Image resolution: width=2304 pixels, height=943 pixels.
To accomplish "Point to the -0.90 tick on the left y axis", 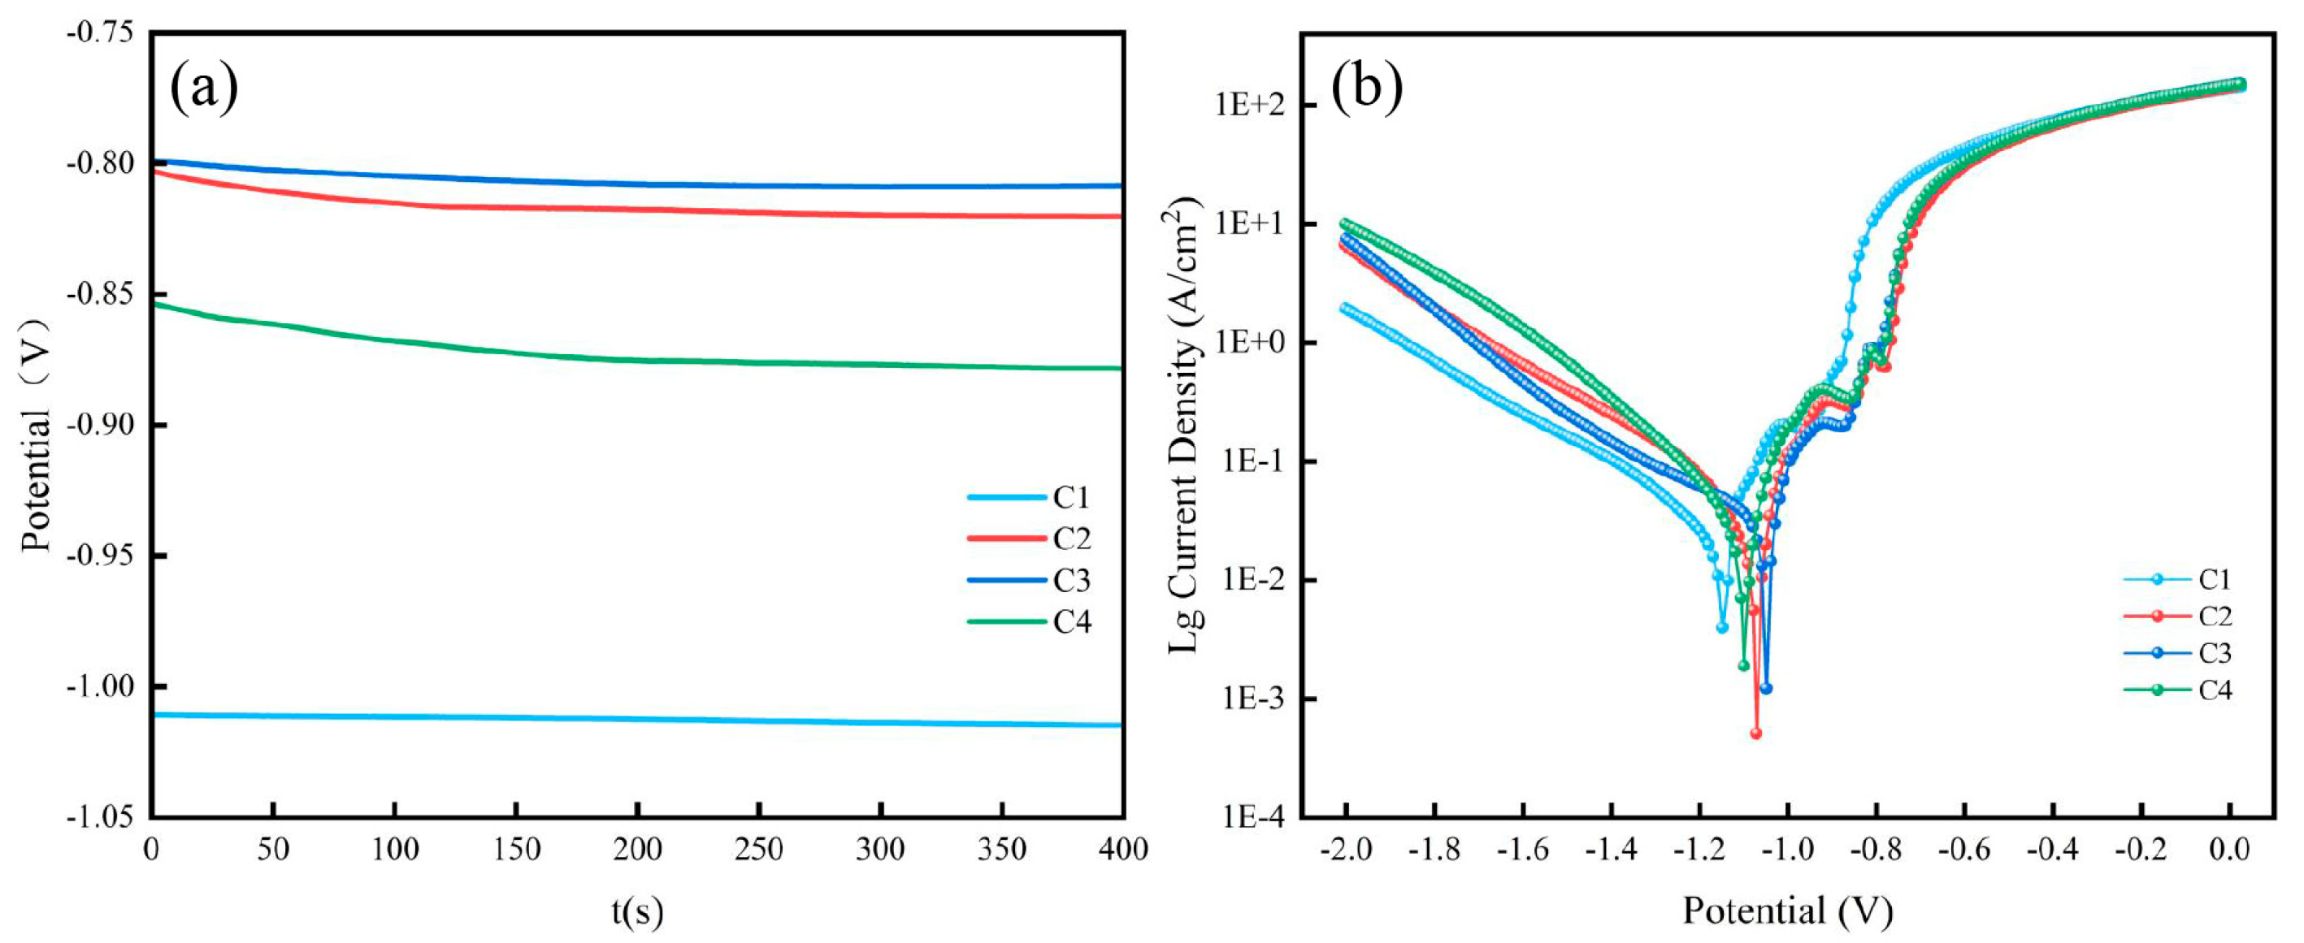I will [99, 425].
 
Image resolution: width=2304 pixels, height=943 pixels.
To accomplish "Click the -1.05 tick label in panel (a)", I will [99, 816].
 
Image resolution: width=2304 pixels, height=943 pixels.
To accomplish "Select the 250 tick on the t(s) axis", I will [758, 849].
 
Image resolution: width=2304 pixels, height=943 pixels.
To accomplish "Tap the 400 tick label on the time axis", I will [1122, 849].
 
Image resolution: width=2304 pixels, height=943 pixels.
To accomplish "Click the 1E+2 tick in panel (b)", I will [1249, 106].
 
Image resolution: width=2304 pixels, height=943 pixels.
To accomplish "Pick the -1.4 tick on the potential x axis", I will [1611, 849].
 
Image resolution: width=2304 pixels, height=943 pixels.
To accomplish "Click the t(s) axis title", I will [638, 911].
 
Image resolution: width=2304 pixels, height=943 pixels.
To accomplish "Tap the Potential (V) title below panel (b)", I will [1787, 911].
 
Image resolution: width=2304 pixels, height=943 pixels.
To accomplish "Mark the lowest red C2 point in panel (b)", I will [1755, 733].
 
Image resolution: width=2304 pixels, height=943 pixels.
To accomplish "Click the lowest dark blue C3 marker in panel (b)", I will [1765, 688].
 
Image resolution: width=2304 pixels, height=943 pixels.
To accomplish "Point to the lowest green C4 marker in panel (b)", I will [1743, 665].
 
